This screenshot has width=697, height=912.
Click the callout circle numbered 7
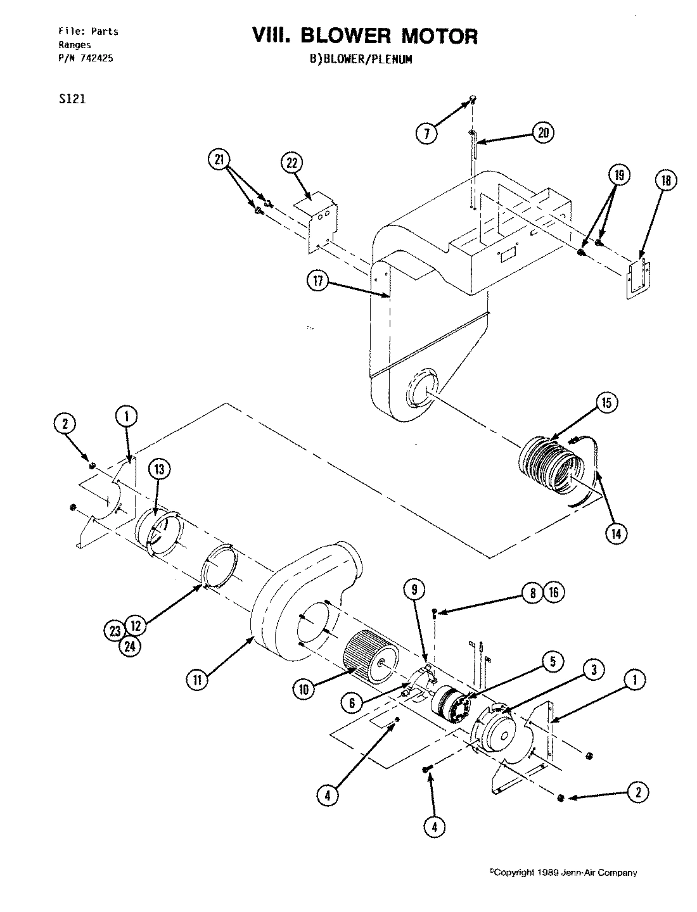(x=427, y=133)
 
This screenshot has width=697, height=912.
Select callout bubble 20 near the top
(x=543, y=132)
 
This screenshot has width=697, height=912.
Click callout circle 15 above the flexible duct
(x=606, y=403)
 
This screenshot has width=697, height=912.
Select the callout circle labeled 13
(x=159, y=469)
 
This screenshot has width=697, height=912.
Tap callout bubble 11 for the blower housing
(x=196, y=680)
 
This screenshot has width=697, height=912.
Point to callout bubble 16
(x=553, y=592)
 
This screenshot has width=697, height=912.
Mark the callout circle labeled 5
(x=552, y=662)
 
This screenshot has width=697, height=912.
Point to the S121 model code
(x=71, y=99)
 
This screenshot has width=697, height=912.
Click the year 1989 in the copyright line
(x=547, y=873)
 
